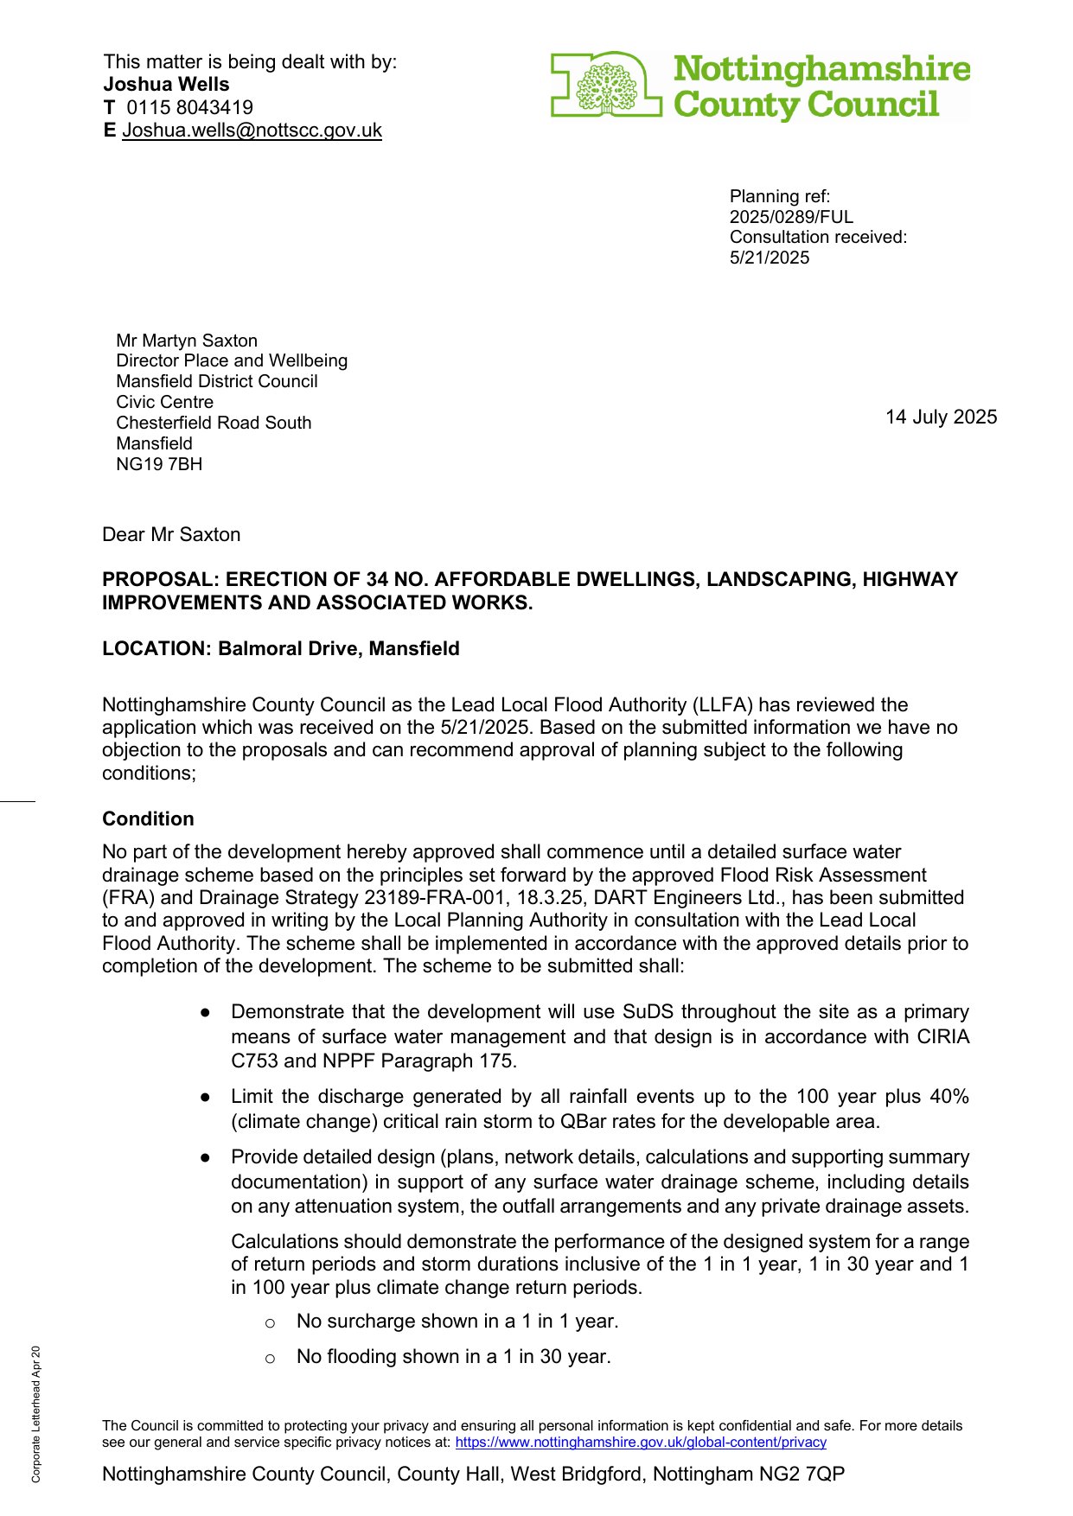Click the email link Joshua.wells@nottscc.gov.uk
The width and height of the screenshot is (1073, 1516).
pyautogui.click(x=252, y=131)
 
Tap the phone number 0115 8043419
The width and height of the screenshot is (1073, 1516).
pyautogui.click(x=189, y=108)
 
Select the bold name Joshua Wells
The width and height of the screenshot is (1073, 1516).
pyautogui.click(x=167, y=85)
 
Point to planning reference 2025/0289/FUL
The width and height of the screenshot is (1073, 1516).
pyautogui.click(x=791, y=217)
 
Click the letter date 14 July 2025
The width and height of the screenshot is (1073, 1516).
pyautogui.click(x=941, y=417)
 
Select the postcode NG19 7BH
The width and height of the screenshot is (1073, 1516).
pyautogui.click(x=159, y=464)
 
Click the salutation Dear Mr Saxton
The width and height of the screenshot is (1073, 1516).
pyautogui.click(x=171, y=535)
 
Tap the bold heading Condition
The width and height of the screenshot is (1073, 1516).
pyautogui.click(x=148, y=819)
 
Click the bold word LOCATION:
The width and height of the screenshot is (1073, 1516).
pyautogui.click(x=156, y=649)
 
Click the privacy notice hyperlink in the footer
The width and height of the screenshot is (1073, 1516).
pyautogui.click(x=641, y=1443)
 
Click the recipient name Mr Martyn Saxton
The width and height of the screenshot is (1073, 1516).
pyautogui.click(x=187, y=341)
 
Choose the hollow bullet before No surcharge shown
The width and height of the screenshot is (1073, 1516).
pyautogui.click(x=270, y=1323)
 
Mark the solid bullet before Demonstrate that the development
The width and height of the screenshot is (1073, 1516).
pyautogui.click(x=206, y=1012)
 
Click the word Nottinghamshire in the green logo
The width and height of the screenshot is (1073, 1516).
pyautogui.click(x=821, y=69)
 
